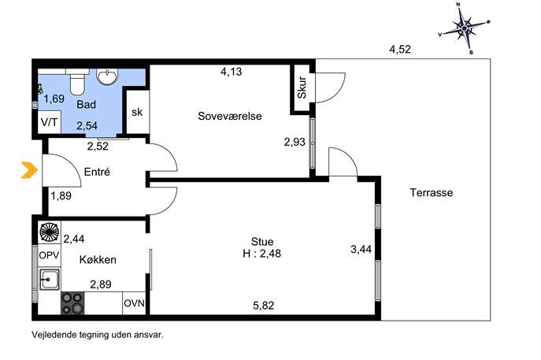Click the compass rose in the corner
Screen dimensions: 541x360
[465, 28]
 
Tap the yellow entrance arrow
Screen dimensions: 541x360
[29, 170]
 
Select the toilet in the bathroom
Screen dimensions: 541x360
[77, 81]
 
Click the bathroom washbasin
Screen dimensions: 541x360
[107, 76]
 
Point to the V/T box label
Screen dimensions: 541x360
[50, 122]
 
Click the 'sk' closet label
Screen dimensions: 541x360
[137, 112]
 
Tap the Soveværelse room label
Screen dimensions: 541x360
[230, 116]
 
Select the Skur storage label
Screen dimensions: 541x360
[302, 87]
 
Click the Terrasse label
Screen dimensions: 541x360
[432, 192]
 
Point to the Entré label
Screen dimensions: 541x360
[97, 172]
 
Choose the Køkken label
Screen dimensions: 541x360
[98, 259]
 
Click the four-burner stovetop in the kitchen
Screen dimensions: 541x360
[72, 303]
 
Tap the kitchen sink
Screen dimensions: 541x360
[50, 279]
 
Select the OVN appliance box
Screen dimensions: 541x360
[134, 303]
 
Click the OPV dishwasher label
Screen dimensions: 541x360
[49, 255]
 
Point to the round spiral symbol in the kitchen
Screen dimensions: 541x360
[50, 232]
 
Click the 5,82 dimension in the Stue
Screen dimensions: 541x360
[264, 306]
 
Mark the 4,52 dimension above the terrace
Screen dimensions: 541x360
[400, 50]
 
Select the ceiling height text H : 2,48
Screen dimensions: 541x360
[262, 254]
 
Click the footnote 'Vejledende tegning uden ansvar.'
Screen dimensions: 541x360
[98, 335]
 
